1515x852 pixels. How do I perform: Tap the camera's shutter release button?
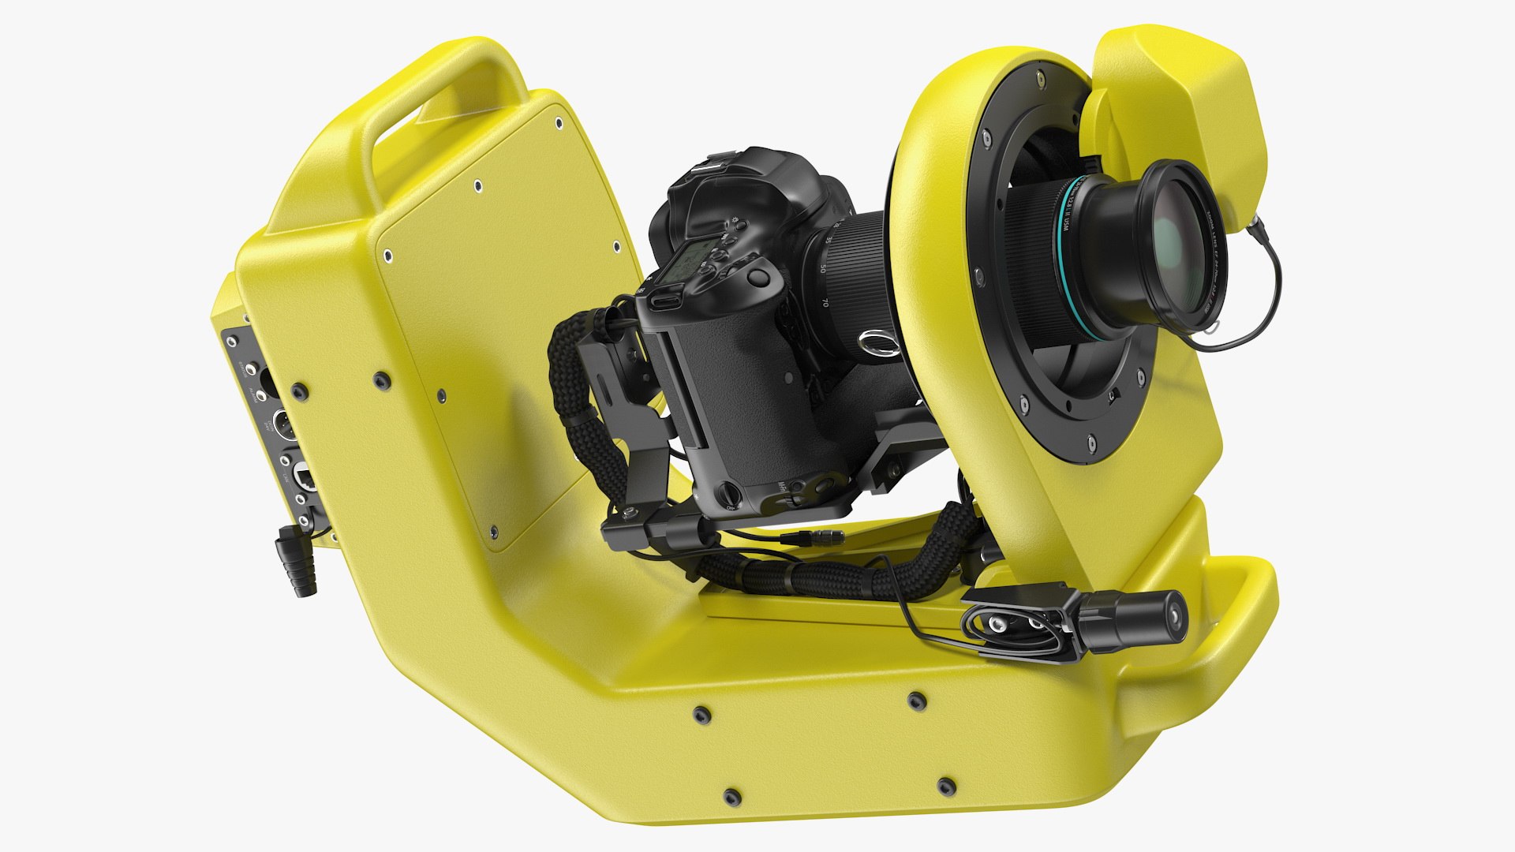[759, 277]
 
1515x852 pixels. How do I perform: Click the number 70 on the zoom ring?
[825, 302]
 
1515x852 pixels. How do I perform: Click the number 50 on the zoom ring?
[823, 268]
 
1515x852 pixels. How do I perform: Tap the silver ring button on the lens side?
[877, 342]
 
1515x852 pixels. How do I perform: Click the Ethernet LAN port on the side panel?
[304, 474]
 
